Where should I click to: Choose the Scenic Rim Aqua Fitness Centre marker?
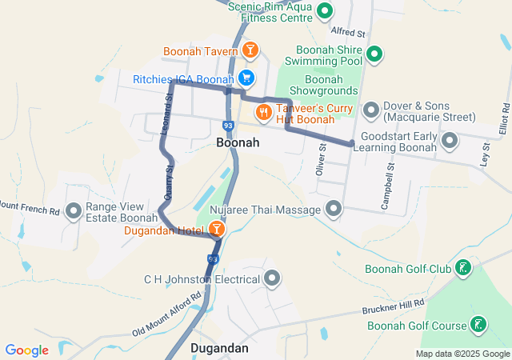[x=325, y=11]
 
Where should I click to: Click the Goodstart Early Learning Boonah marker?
[x=450, y=142]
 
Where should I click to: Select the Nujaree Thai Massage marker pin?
[x=334, y=210]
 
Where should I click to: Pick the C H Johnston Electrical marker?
[x=273, y=278]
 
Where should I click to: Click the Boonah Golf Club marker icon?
[x=463, y=268]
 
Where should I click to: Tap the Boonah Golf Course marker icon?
[x=478, y=325]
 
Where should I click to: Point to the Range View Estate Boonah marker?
[x=74, y=211]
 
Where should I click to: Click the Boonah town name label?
[x=238, y=142]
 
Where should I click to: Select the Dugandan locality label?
[x=219, y=349]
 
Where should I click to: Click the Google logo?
[x=26, y=350]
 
